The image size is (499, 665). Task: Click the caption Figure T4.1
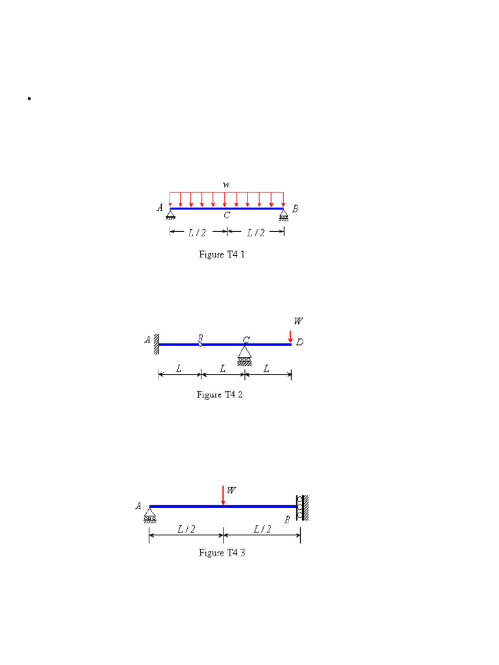click(x=222, y=255)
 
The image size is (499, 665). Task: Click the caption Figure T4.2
click(x=220, y=395)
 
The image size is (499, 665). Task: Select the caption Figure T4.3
click(x=222, y=553)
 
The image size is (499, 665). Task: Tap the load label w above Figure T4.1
click(x=226, y=185)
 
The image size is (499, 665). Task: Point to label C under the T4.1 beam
click(x=227, y=216)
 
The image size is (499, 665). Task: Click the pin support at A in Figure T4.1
click(x=170, y=214)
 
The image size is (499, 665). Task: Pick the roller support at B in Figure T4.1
click(x=283, y=215)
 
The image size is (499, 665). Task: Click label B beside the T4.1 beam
click(x=295, y=208)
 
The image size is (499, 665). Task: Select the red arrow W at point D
click(x=290, y=336)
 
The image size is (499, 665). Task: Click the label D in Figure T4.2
click(x=300, y=342)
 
